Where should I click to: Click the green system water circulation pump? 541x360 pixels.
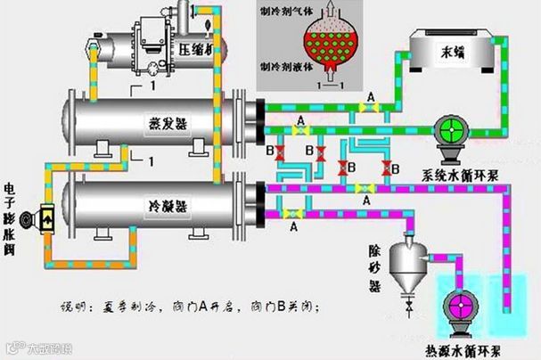[451, 132]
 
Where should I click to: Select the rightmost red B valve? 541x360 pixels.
[386, 167]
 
